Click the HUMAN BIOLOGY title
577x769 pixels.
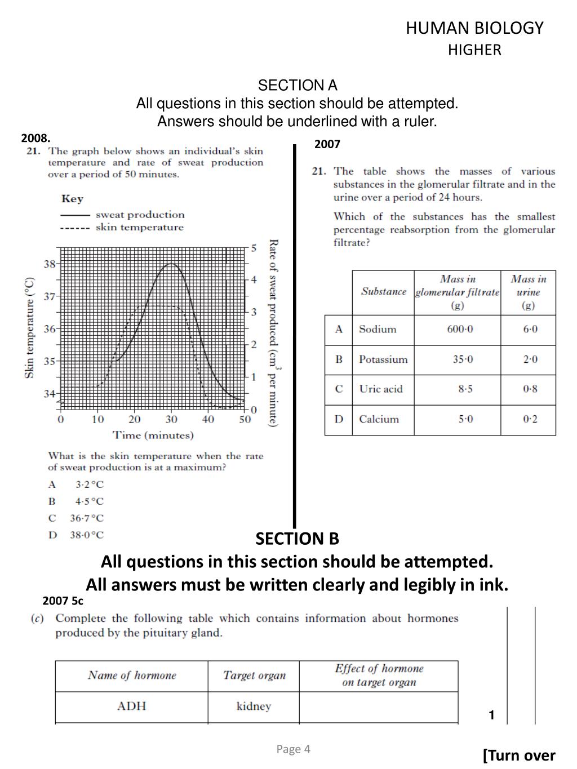point(474,28)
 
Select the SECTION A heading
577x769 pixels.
point(298,85)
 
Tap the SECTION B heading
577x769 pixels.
point(298,539)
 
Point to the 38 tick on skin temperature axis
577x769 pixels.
point(50,264)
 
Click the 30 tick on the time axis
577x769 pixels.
point(171,420)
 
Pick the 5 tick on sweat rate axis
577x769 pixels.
point(254,248)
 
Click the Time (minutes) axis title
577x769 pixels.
point(153,435)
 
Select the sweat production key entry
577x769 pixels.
point(140,215)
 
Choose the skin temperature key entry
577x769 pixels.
point(139,228)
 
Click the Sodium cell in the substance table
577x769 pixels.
point(378,330)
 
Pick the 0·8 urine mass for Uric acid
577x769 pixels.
point(530,389)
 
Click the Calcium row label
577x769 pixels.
point(379,419)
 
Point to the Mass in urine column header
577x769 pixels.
point(528,292)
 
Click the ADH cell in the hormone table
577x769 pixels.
point(131,706)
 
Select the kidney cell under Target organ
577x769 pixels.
point(254,706)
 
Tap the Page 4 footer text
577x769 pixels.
point(293,749)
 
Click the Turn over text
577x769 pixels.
point(519,755)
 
